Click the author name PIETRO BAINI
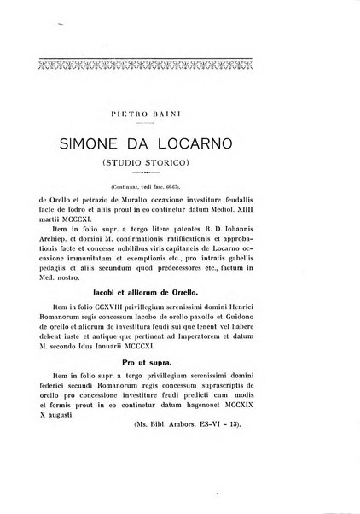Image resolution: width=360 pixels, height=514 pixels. pyautogui.click(x=179, y=110)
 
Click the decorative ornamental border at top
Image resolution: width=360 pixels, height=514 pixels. pyautogui.click(x=179, y=61)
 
